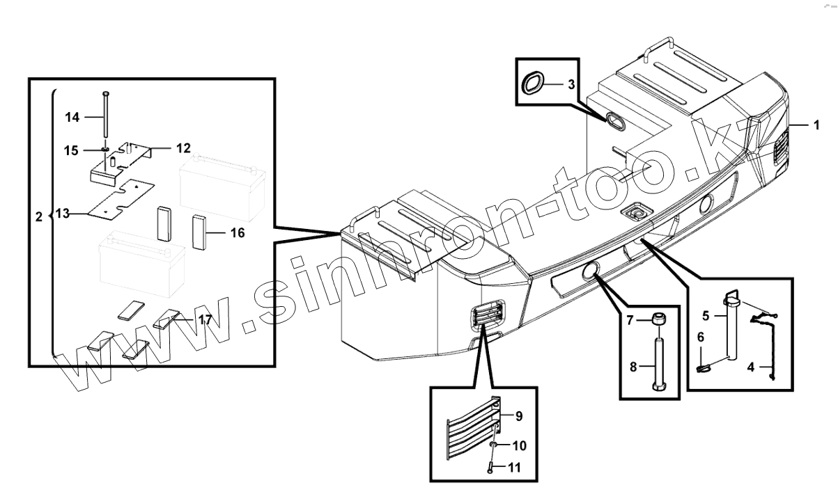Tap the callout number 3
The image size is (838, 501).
tap(571, 85)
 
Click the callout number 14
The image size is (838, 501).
tap(73, 118)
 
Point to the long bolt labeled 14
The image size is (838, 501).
tap(105, 115)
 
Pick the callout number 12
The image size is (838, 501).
tap(183, 148)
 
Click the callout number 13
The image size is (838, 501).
tap(63, 214)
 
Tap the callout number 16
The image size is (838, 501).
tap(237, 233)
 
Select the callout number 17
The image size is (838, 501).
tap(204, 320)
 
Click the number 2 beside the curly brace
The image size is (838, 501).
tap(38, 217)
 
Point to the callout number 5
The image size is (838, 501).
tap(706, 315)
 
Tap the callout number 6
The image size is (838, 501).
tap(701, 337)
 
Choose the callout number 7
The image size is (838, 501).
tap(629, 321)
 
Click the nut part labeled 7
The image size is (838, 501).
tap(657, 319)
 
